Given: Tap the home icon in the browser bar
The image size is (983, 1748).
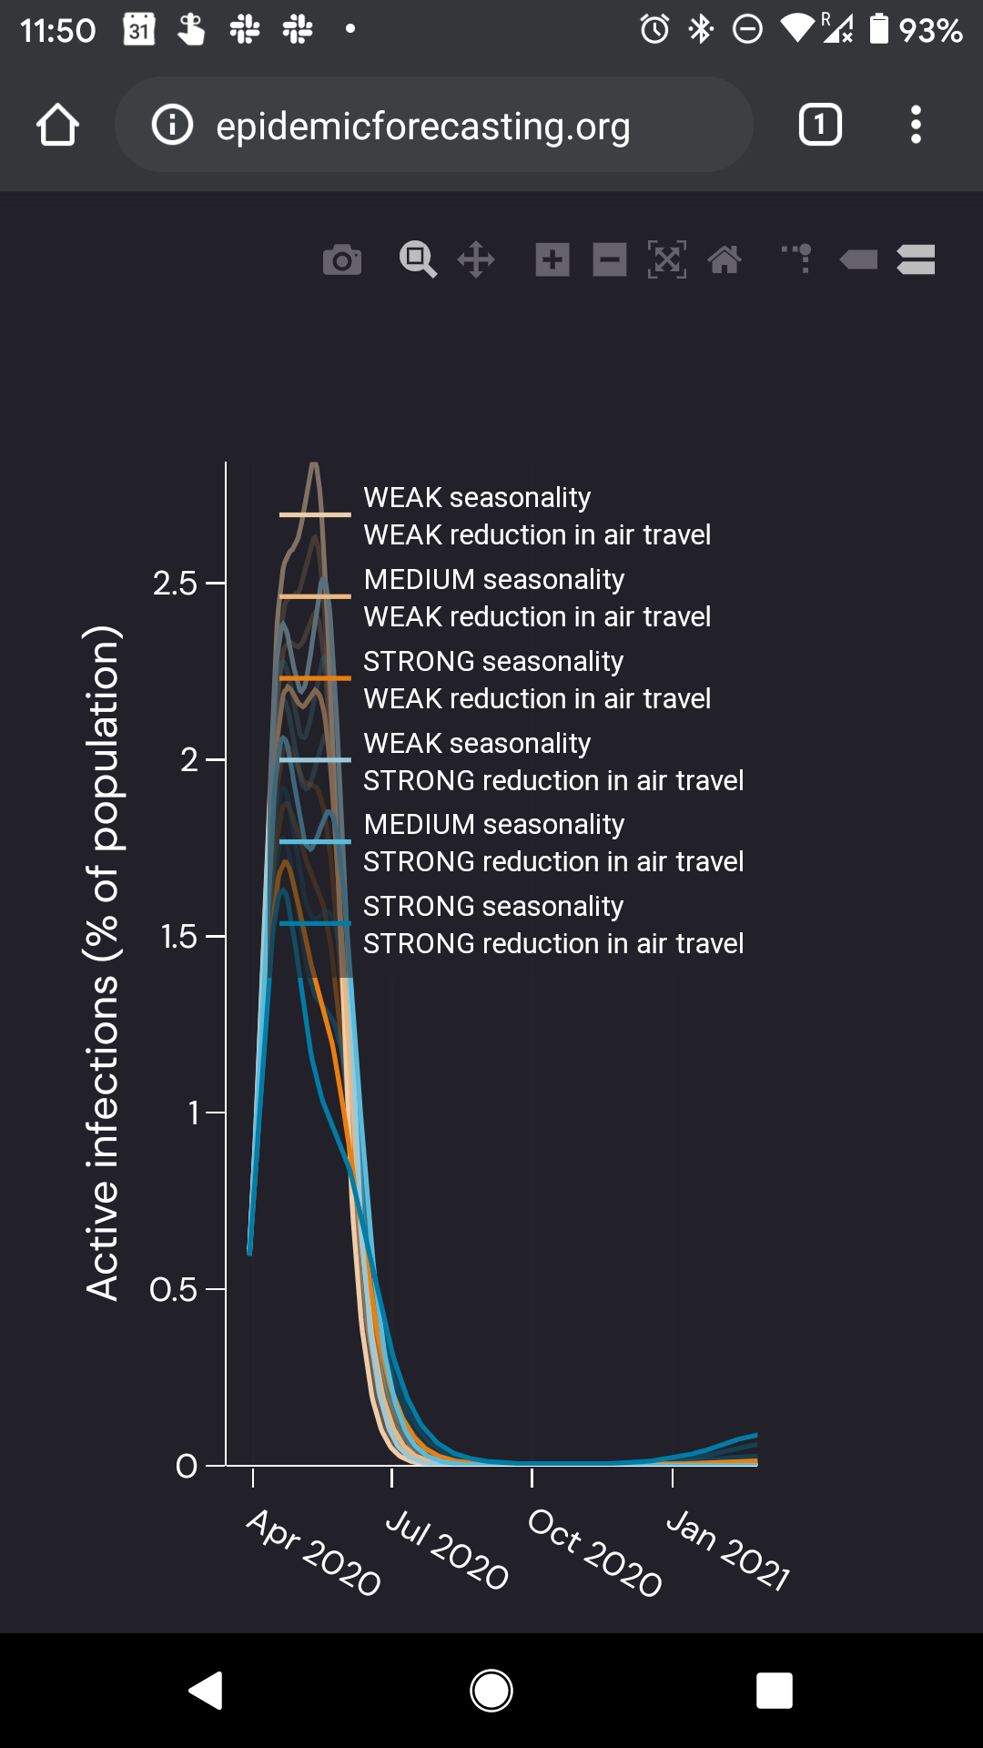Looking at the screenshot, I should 57,125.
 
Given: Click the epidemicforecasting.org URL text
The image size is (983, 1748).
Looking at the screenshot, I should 422,126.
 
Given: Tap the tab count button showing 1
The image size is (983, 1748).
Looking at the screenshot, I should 819,125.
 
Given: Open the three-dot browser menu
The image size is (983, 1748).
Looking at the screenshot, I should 916,125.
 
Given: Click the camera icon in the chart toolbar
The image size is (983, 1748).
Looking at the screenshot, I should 342,260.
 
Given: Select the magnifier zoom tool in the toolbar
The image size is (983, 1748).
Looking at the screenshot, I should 418,260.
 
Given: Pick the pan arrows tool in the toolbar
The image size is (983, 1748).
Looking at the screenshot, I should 476,260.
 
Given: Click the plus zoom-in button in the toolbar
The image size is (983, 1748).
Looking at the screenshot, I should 552,260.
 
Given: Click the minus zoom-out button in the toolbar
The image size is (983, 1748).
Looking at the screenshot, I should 610,260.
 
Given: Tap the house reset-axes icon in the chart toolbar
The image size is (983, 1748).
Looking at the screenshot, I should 725,260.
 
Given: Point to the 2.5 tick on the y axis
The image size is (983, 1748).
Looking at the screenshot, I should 176,583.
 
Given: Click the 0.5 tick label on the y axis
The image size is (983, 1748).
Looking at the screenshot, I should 174,1289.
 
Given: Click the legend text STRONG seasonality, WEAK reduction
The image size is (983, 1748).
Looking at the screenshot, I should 537,679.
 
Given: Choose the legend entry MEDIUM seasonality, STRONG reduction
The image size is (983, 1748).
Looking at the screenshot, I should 553,842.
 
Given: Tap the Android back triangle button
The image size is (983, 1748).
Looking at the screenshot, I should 207,1691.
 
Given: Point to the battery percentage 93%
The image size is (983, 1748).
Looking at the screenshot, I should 930,31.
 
